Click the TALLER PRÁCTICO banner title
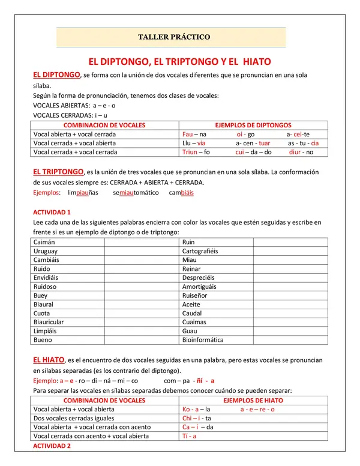174,37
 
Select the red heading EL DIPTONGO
56,74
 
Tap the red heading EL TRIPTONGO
58,172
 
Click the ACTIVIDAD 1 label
52,213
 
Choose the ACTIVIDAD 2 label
52,446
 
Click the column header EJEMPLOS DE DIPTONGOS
253,126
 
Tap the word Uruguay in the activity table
46,250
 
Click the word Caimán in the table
44,241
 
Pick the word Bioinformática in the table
203,340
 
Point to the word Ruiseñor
195,295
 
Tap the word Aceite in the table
192,304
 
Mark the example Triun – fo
196,153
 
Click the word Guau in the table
190,331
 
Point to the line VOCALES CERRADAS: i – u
70,115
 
